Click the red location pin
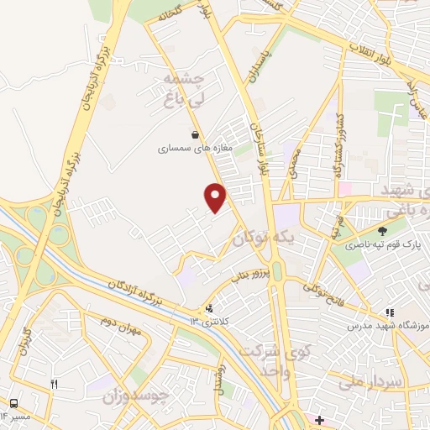click(x=216, y=197)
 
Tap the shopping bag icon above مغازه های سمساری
click(x=195, y=134)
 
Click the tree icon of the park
click(x=383, y=230)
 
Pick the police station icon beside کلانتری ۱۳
click(x=209, y=308)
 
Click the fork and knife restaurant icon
click(x=55, y=384)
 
